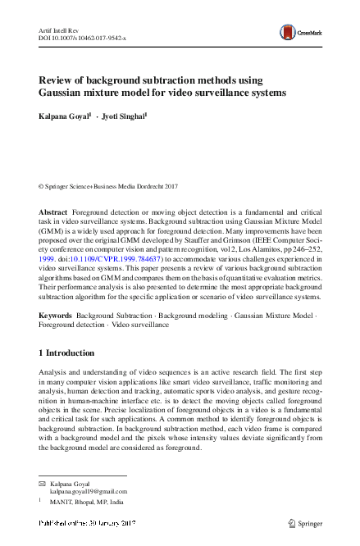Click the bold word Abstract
[53, 212]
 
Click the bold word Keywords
[55, 316]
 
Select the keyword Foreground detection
[71, 325]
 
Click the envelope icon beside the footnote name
[43, 484]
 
